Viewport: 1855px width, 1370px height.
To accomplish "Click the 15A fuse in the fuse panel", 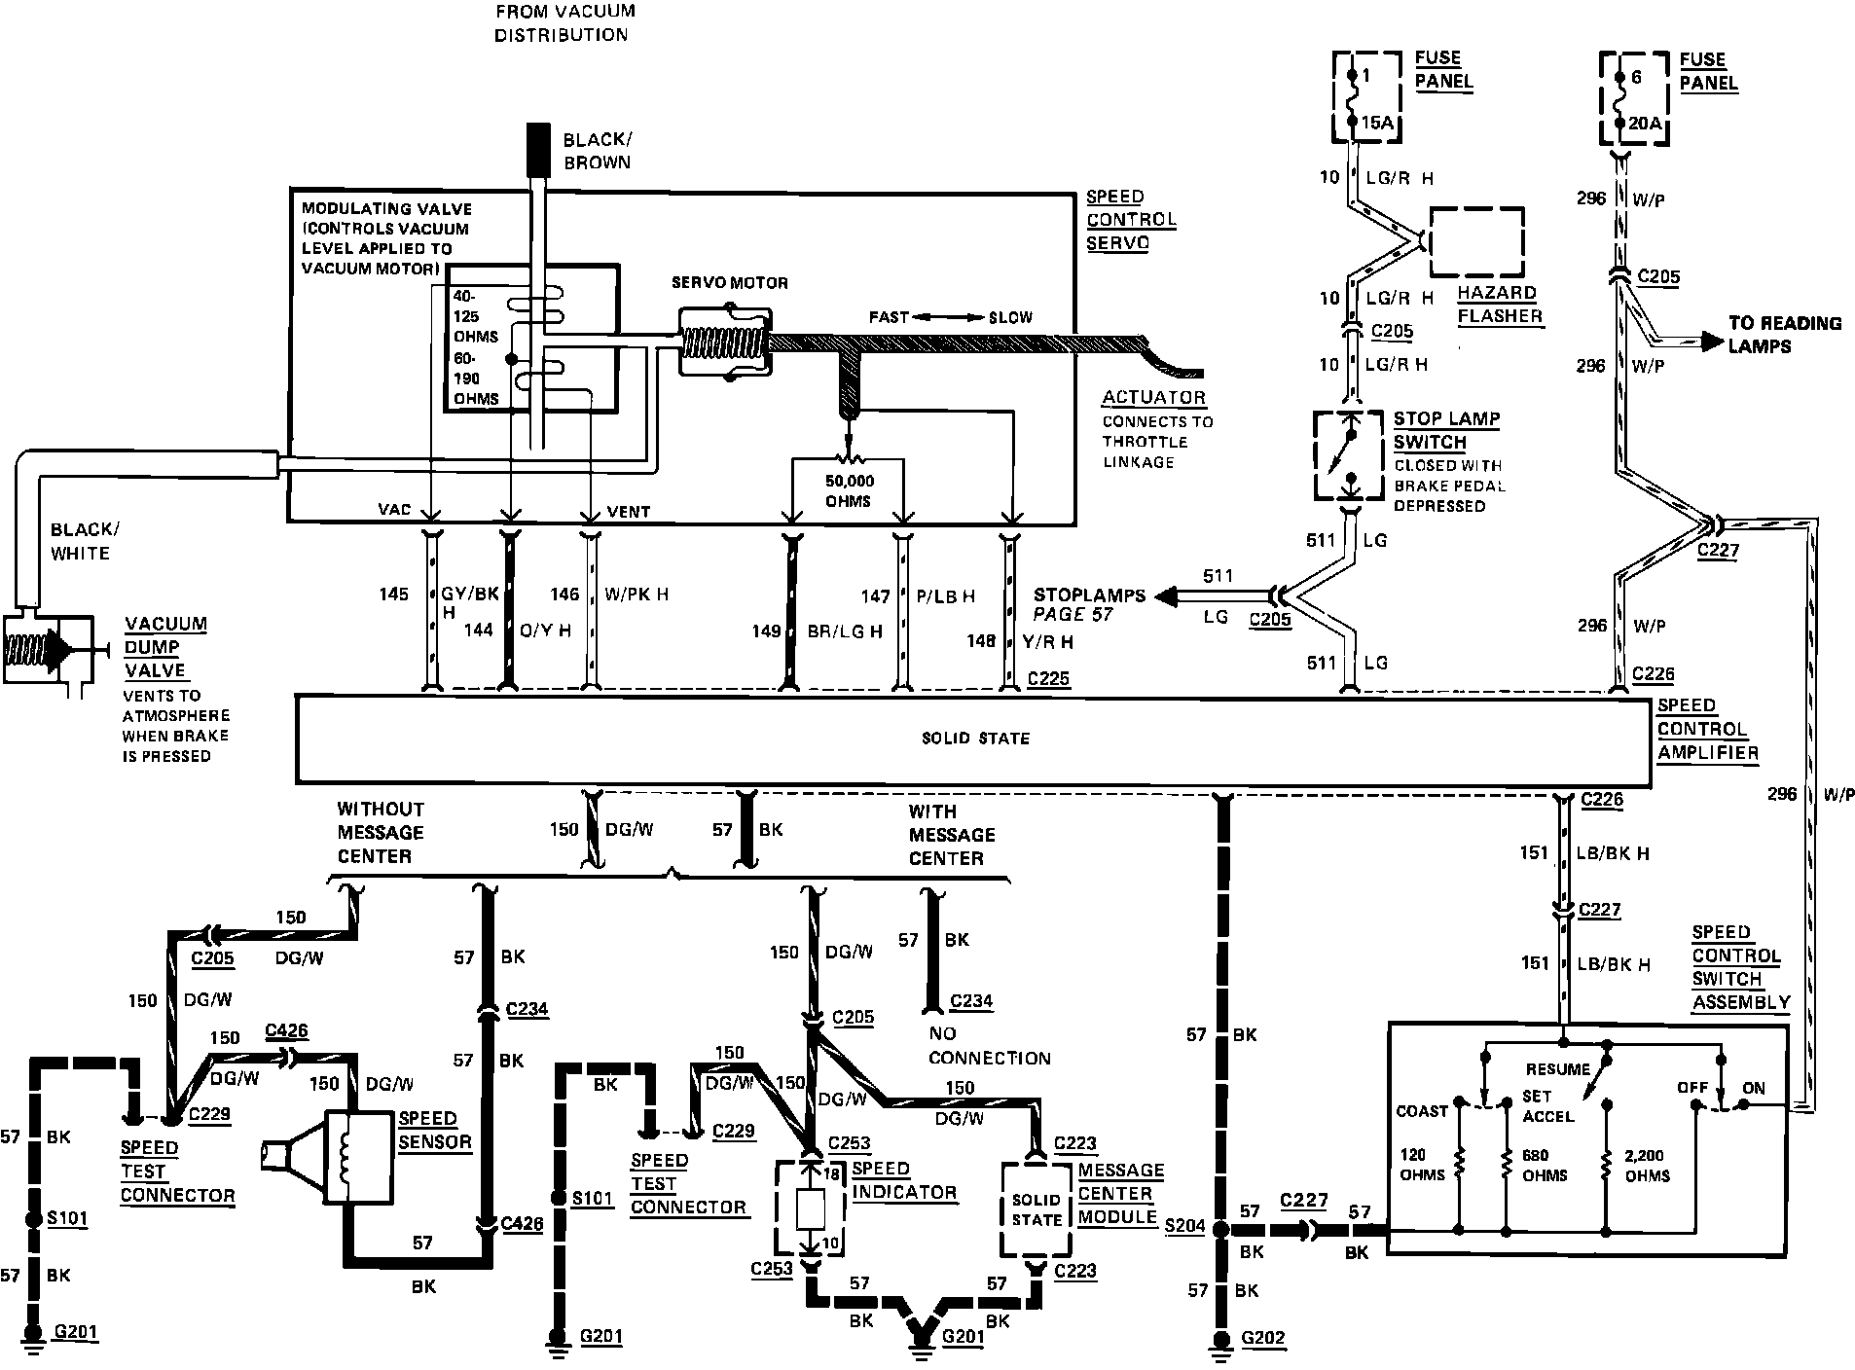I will coord(1352,97).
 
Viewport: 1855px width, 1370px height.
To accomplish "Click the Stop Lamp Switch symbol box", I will coord(1348,455).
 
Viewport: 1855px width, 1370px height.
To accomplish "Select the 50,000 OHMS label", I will coord(849,491).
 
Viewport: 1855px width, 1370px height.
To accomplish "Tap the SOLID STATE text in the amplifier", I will coord(975,739).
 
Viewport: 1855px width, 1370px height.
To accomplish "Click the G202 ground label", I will coord(1262,1338).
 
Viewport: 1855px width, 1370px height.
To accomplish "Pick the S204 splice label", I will coord(1184,1227).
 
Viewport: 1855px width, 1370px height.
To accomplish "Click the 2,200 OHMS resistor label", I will coord(1646,1166).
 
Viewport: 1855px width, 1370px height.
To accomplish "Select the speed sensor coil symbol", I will coord(344,1159).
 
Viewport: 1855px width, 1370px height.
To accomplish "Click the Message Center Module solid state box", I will coord(1037,1209).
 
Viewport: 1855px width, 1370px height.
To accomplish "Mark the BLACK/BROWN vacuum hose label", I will coord(597,151).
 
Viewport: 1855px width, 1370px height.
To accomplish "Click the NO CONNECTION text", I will coord(988,1046).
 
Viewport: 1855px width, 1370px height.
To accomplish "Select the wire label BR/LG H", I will coord(844,631).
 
